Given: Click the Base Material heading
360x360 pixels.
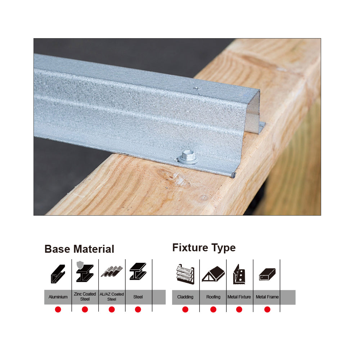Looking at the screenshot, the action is (79, 249).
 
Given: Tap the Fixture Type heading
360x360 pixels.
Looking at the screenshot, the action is (204, 248).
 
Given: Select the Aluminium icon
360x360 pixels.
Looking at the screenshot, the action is (58, 274).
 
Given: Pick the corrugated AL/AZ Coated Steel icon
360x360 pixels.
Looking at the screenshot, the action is (112, 271).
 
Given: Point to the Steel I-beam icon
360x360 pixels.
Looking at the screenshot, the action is (138, 271).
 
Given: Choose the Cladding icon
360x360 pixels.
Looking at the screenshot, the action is (185, 274).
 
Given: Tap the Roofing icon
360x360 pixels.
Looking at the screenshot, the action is (213, 274).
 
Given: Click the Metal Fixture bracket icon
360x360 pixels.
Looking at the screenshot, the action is (239, 274).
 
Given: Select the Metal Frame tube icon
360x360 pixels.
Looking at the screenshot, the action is (267, 274).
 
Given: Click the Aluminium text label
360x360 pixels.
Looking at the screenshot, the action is (58, 297).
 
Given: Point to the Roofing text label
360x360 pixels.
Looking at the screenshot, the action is (213, 297).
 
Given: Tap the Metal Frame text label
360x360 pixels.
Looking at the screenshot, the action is (267, 297).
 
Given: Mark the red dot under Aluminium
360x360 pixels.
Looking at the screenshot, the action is (58, 310).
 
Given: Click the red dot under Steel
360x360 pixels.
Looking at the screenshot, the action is (138, 310).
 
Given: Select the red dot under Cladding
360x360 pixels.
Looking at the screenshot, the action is (185, 310).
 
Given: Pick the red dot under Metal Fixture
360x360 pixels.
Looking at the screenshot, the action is (239, 310).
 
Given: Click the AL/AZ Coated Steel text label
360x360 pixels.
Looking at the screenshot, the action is (112, 297).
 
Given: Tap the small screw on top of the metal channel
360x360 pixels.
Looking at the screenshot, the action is (197, 88).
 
